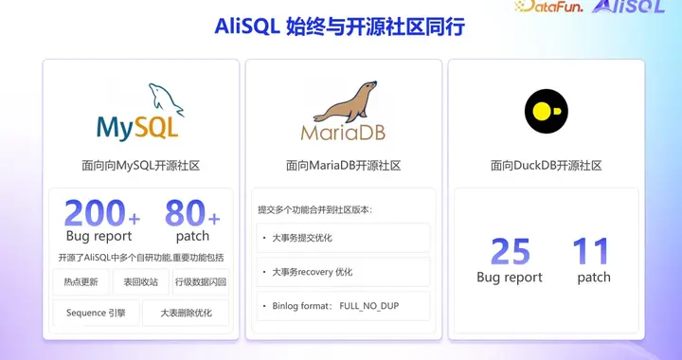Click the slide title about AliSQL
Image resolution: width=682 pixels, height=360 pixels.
point(340,27)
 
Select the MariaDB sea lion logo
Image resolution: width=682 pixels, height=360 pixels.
point(343,112)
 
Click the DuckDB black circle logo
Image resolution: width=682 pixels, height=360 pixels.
point(546,111)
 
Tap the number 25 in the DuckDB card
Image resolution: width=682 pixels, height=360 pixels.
point(510,252)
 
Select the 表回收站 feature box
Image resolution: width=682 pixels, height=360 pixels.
point(139,281)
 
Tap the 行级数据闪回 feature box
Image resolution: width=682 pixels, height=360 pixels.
point(200,281)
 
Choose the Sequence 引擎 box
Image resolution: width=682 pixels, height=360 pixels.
point(96,313)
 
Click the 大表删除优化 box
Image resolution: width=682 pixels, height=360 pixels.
point(186,313)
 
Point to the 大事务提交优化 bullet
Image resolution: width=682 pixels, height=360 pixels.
point(302,238)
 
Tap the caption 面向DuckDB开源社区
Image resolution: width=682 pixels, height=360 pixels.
point(546,165)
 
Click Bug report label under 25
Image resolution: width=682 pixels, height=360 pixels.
point(510,278)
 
